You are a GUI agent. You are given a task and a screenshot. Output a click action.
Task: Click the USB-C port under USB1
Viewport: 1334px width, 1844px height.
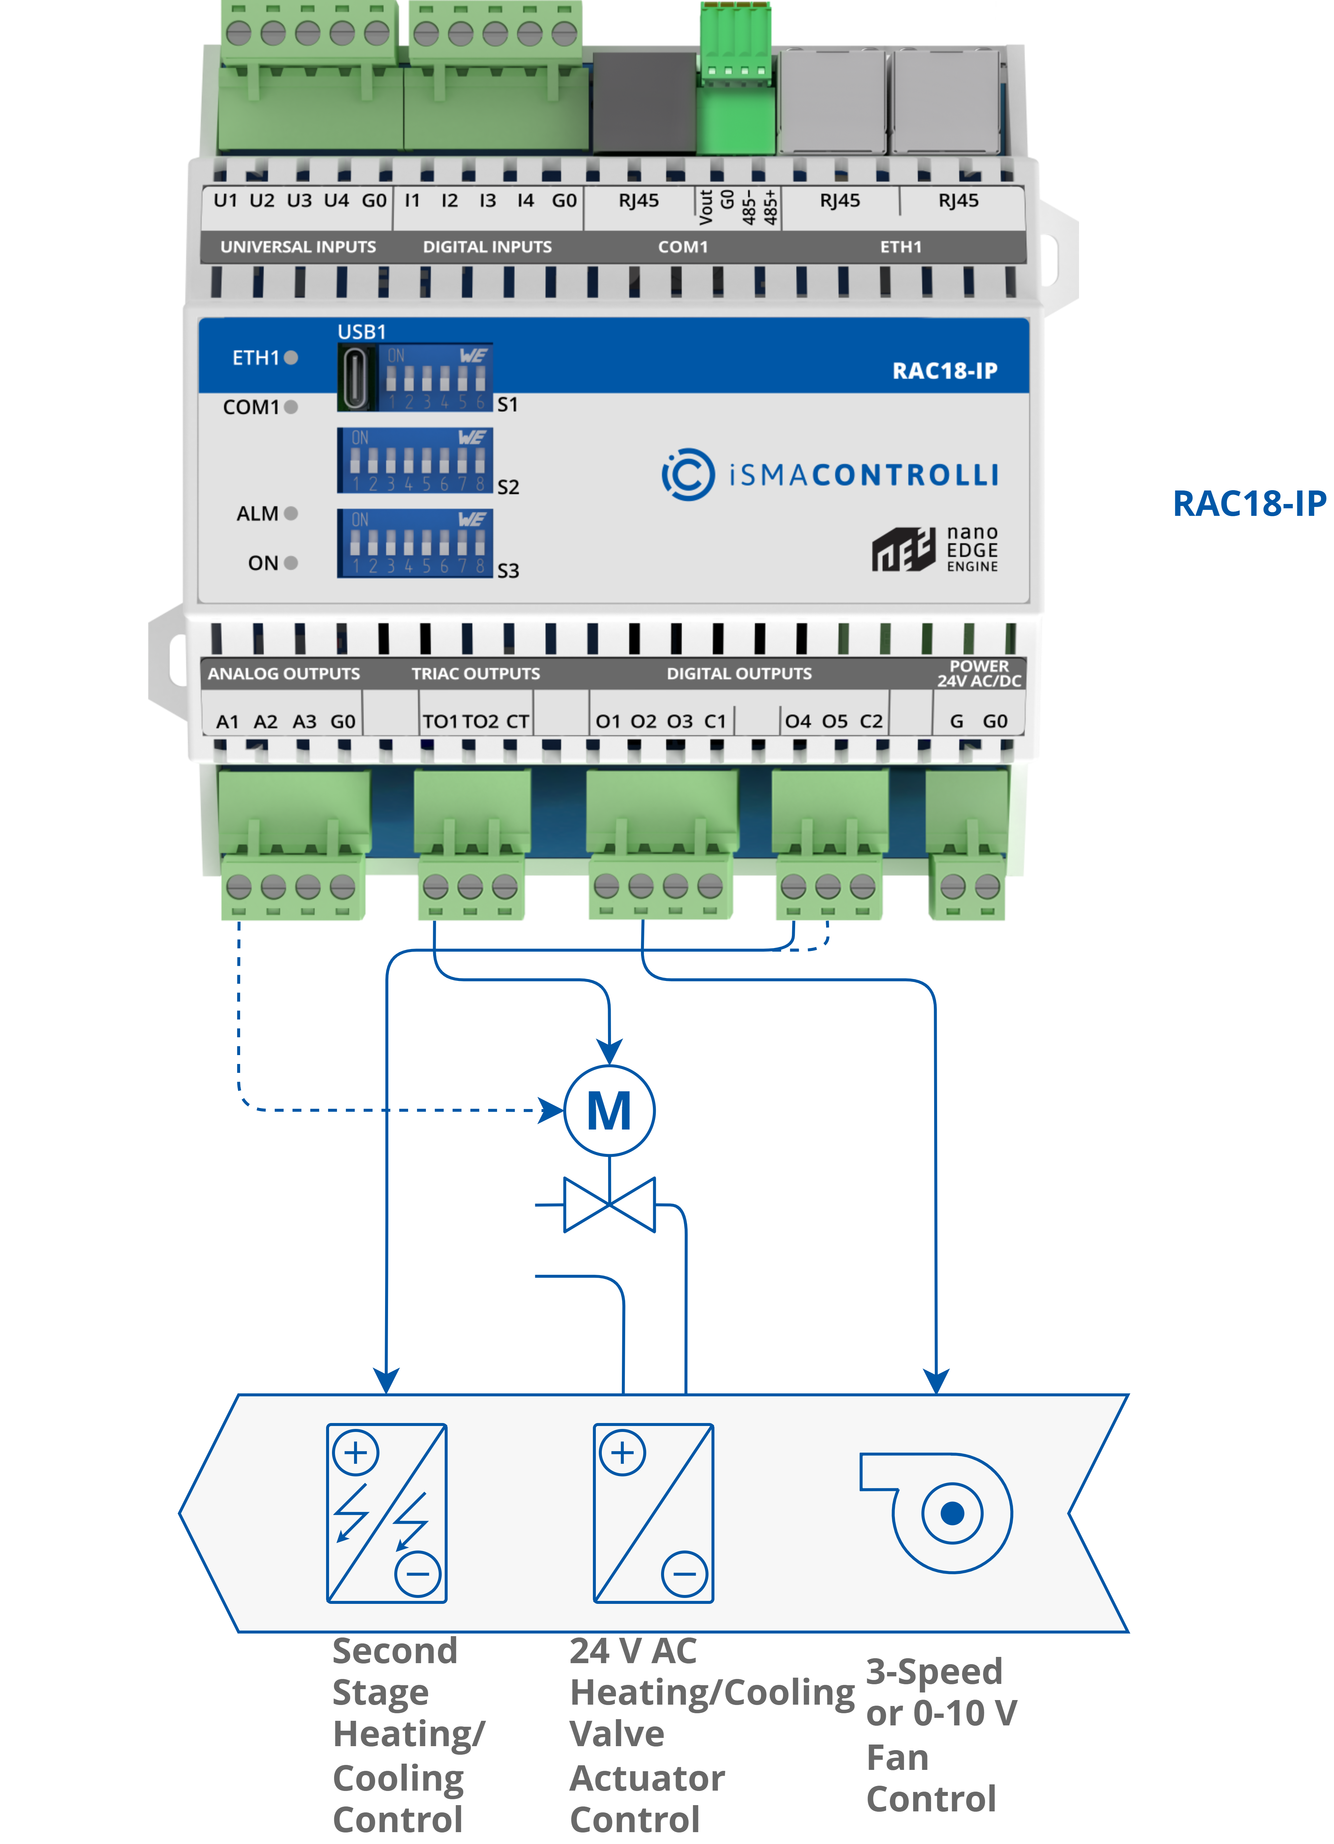356,377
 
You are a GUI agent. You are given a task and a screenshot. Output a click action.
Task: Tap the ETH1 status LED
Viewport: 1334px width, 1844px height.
291,358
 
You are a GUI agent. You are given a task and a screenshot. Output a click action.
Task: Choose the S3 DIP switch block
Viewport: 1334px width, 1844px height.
415,543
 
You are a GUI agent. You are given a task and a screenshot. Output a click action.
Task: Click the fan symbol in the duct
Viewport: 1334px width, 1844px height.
943,1512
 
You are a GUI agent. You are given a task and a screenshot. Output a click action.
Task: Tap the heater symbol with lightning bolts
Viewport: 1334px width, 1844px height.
387,1513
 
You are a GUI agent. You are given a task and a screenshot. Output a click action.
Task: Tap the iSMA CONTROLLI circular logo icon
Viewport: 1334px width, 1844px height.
688,474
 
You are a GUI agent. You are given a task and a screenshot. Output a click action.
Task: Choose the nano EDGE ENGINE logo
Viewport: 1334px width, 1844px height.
935,550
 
